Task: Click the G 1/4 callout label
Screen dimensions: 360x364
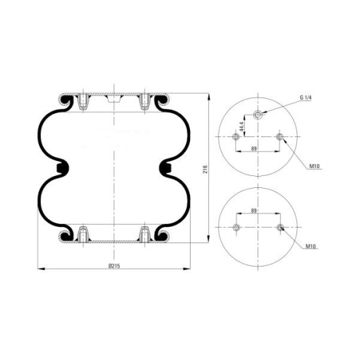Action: pos(306,98)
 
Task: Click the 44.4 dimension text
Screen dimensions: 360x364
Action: pos(241,127)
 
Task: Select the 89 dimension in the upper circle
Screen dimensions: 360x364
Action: pos(253,148)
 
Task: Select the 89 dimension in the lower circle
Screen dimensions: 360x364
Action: pos(253,211)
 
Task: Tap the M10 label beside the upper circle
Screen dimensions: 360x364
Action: pos(314,166)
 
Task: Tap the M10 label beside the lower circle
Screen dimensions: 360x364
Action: pos(311,247)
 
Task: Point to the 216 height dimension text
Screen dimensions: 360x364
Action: pos(205,169)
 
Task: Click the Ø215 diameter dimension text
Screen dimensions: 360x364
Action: pos(114,266)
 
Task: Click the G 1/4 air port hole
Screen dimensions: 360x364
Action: pos(258,115)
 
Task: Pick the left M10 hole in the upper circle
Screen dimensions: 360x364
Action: pos(236,136)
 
